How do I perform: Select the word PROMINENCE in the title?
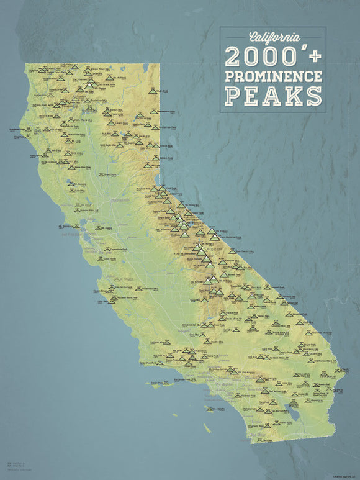273,76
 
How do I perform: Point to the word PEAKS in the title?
273,96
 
